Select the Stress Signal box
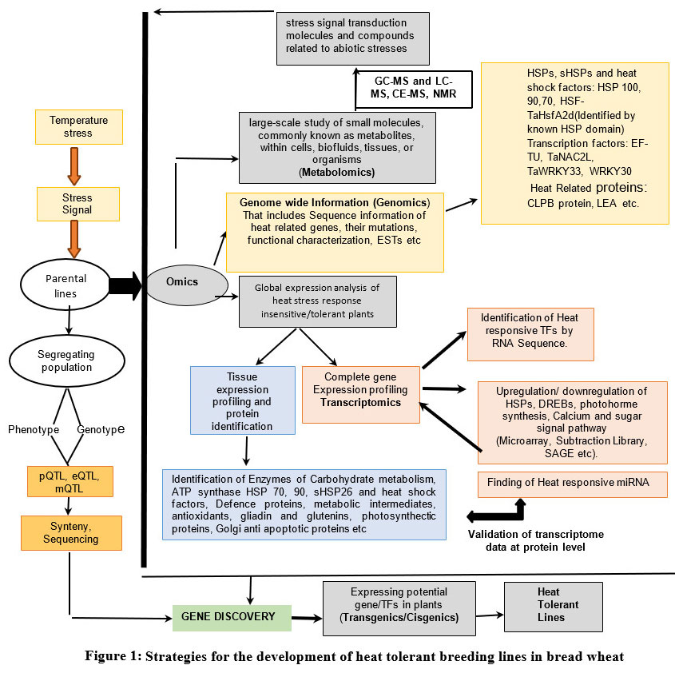pyautogui.click(x=78, y=204)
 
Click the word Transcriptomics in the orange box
pyautogui.click(x=360, y=403)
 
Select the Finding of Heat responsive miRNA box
pyautogui.click(x=572, y=484)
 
